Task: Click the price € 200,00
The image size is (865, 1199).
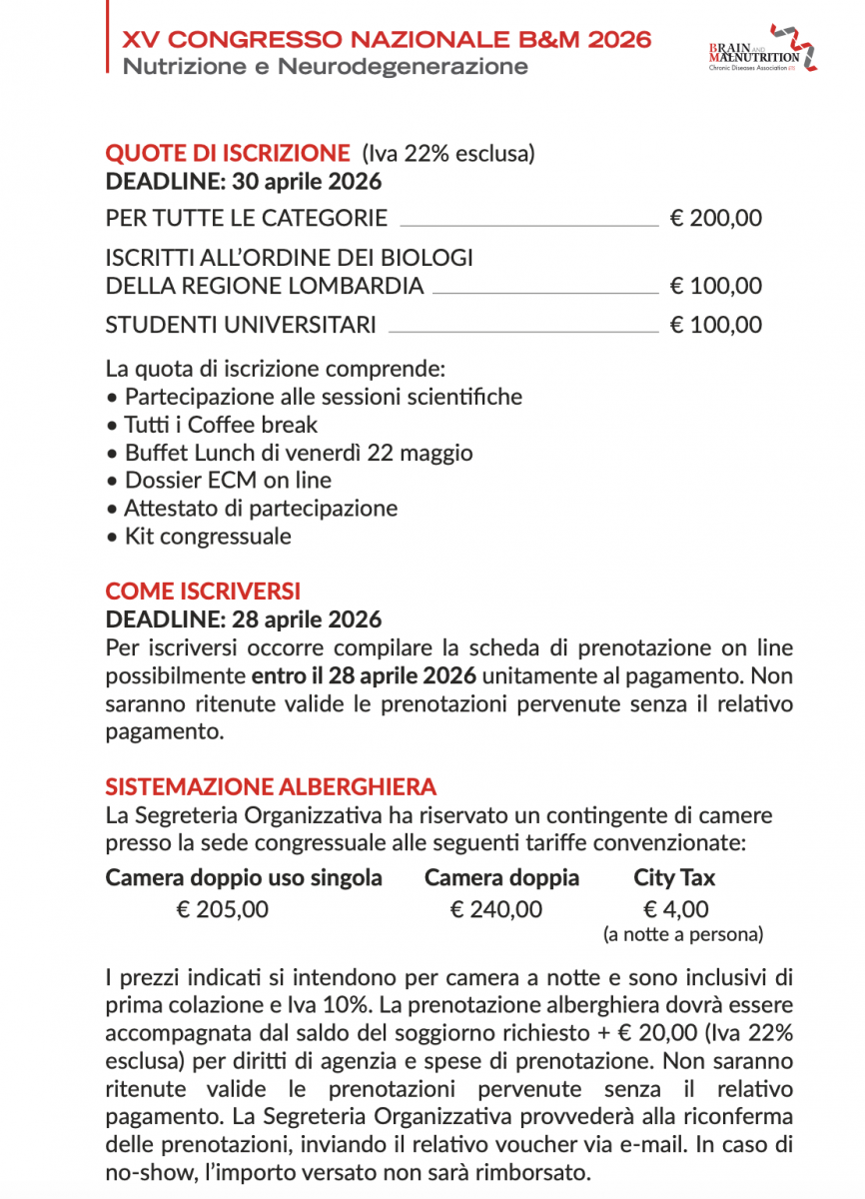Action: point(715,218)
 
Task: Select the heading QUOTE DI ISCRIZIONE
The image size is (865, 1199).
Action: point(228,154)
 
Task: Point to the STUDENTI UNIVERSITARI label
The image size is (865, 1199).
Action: point(241,325)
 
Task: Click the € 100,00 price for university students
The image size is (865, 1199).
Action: point(715,325)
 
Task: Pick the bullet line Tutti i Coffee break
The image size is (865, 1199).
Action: point(221,425)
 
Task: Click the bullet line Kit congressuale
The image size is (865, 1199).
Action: point(208,537)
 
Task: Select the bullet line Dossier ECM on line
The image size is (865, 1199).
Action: point(228,481)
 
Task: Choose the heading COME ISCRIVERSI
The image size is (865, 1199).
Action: point(203,592)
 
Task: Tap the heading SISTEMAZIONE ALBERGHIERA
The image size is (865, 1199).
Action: point(271,787)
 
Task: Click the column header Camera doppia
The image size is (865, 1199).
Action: point(501,878)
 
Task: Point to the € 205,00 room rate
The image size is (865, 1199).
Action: point(222,909)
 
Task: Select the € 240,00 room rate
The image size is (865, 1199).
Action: point(496,909)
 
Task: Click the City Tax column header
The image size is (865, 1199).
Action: point(674,878)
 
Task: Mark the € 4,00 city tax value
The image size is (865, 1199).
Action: point(676,909)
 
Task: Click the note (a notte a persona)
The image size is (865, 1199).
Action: point(683,935)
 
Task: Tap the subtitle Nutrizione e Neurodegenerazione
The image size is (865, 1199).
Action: point(325,67)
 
